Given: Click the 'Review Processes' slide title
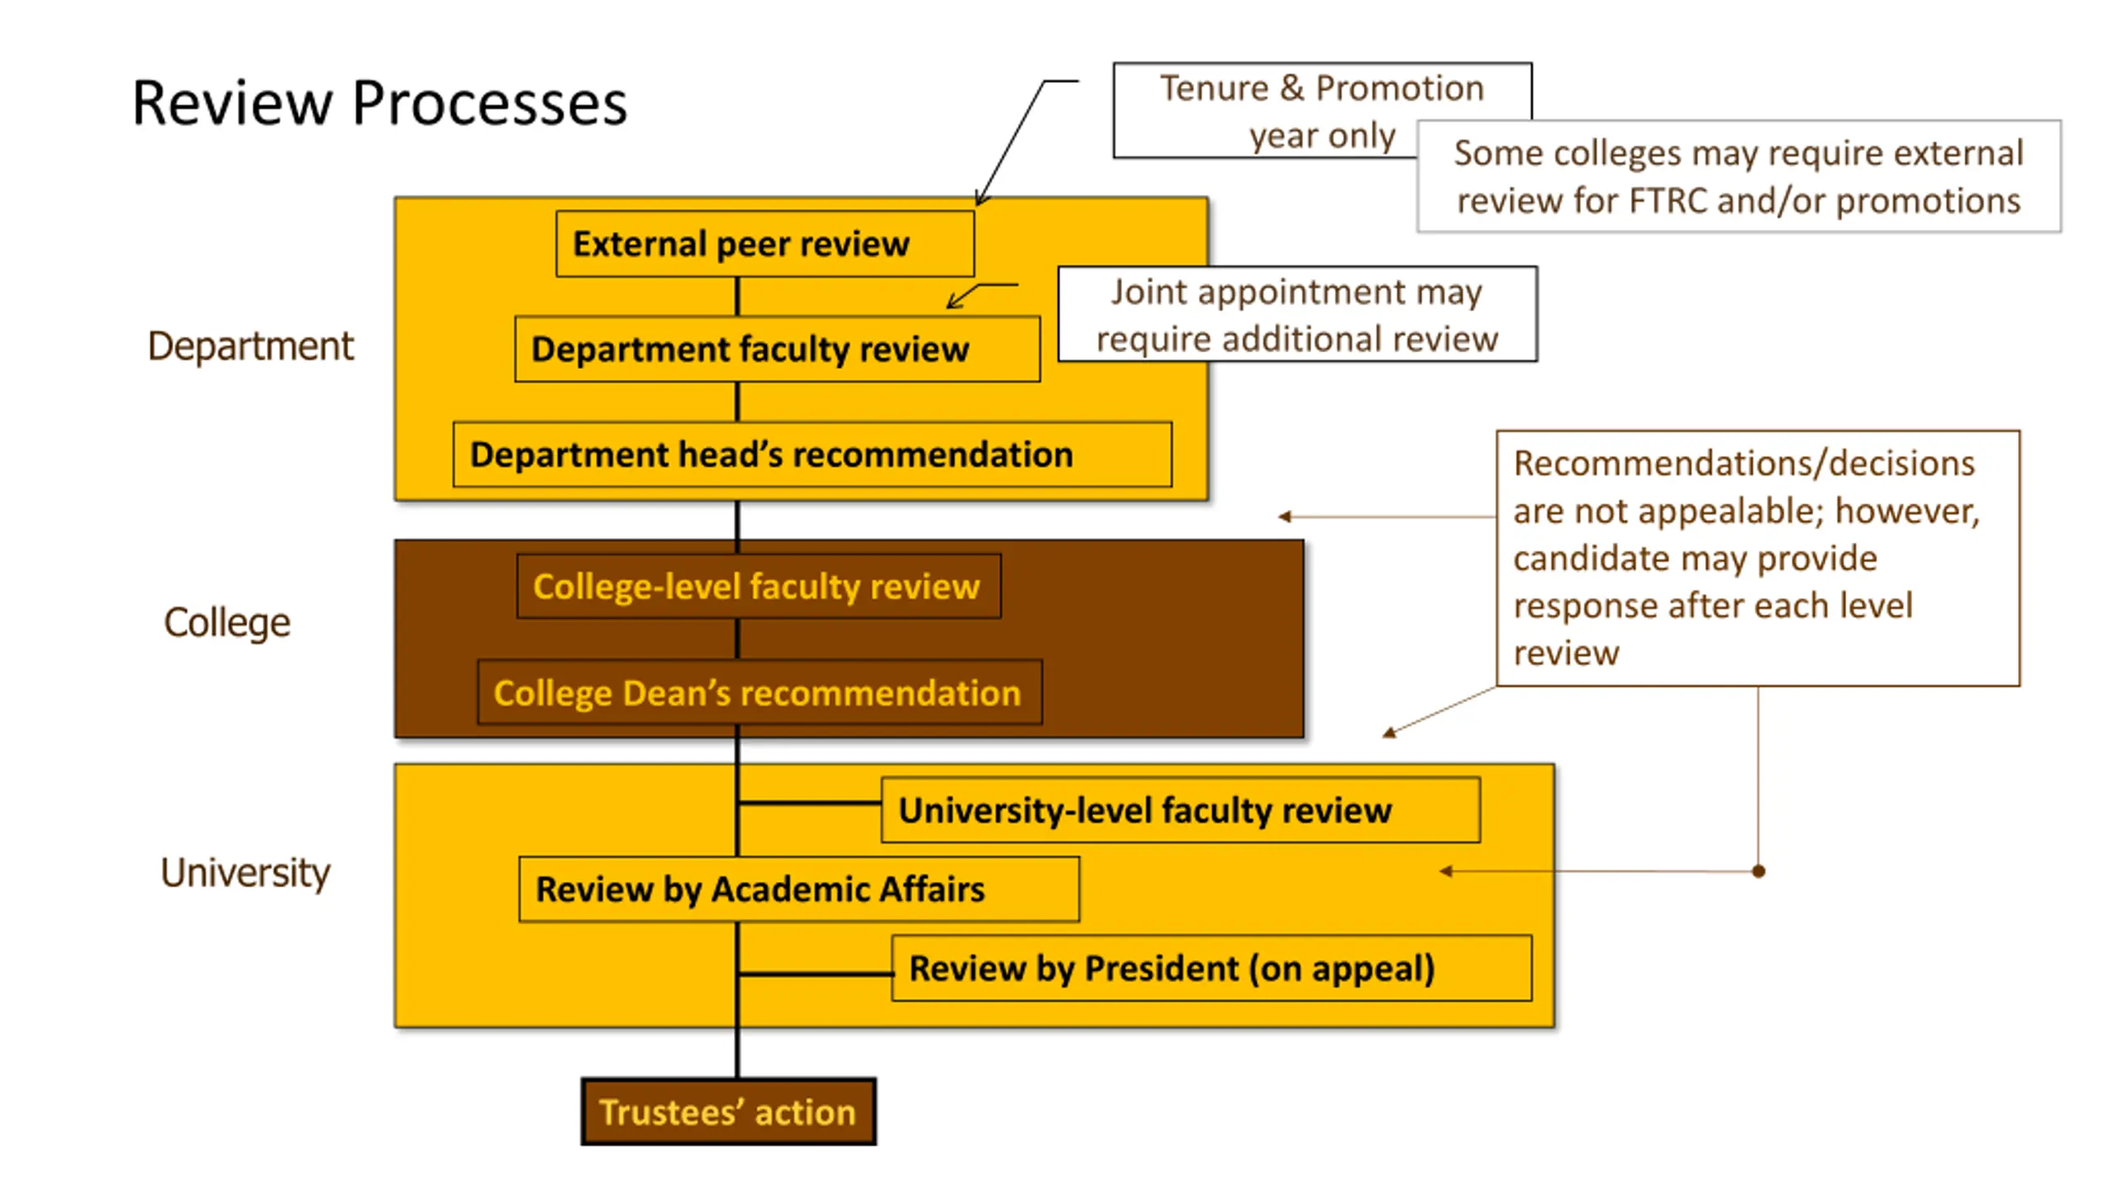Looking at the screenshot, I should coord(379,104).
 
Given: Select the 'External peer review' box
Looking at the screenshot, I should coord(765,244).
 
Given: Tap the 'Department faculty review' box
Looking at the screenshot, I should coord(777,349).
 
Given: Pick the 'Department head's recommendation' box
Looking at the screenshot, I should coord(812,454).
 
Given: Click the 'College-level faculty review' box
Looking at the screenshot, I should coord(758,587).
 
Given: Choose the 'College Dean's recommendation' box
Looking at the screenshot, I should coord(759,693).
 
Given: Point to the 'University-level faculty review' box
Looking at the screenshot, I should coord(1179,811).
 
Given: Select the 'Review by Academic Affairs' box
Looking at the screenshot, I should coord(798,890).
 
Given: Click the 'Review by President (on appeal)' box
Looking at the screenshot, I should coord(1211,969).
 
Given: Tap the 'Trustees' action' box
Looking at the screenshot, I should coord(728,1112).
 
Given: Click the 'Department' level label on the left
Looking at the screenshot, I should coord(250,346).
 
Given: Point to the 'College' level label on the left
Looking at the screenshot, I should coord(227,622).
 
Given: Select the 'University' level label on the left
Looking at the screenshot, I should coord(245,872).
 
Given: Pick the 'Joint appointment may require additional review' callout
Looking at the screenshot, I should coord(1297,314).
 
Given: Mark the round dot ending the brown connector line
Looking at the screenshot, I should coord(1758,871).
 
